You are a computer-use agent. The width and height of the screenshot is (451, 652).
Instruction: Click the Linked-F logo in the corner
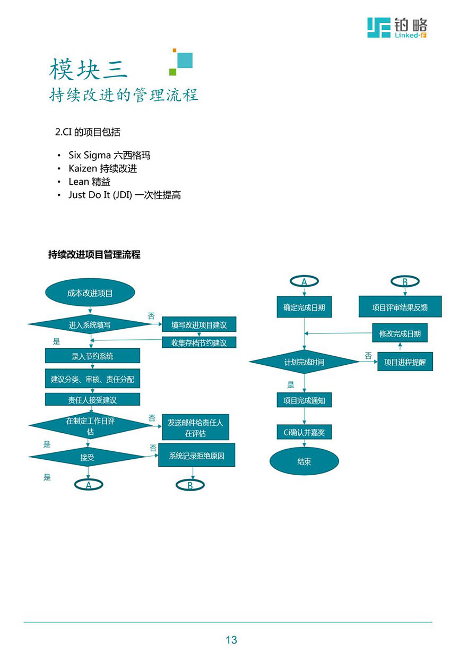(397, 28)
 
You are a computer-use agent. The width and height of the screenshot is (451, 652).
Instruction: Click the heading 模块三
(88, 69)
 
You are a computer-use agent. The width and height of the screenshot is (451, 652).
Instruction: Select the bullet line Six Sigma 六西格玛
(109, 155)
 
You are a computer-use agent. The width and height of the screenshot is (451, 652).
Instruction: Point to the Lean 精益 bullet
(89, 182)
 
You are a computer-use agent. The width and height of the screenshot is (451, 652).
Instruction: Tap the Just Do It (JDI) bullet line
(125, 195)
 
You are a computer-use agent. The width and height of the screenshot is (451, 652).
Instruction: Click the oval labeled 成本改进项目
(90, 293)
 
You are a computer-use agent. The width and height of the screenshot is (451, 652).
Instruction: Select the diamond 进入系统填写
(90, 324)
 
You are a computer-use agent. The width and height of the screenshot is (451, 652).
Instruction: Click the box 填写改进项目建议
(199, 324)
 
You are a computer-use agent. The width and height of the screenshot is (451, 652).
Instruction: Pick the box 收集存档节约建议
(199, 342)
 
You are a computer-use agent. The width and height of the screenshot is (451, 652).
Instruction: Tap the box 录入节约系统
(92, 356)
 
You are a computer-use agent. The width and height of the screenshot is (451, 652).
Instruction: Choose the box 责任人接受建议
(92, 399)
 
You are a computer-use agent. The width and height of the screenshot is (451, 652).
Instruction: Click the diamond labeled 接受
(88, 457)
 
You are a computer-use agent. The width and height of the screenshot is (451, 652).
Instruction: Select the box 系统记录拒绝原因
(197, 455)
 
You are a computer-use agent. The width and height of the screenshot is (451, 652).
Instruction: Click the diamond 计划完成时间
(304, 362)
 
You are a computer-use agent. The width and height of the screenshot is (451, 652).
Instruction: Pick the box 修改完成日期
(400, 333)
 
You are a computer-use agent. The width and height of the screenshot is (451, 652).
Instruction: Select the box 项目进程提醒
(405, 362)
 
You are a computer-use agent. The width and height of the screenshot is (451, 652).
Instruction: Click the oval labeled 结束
(305, 461)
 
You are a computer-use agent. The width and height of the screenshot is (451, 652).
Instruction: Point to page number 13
(231, 640)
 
